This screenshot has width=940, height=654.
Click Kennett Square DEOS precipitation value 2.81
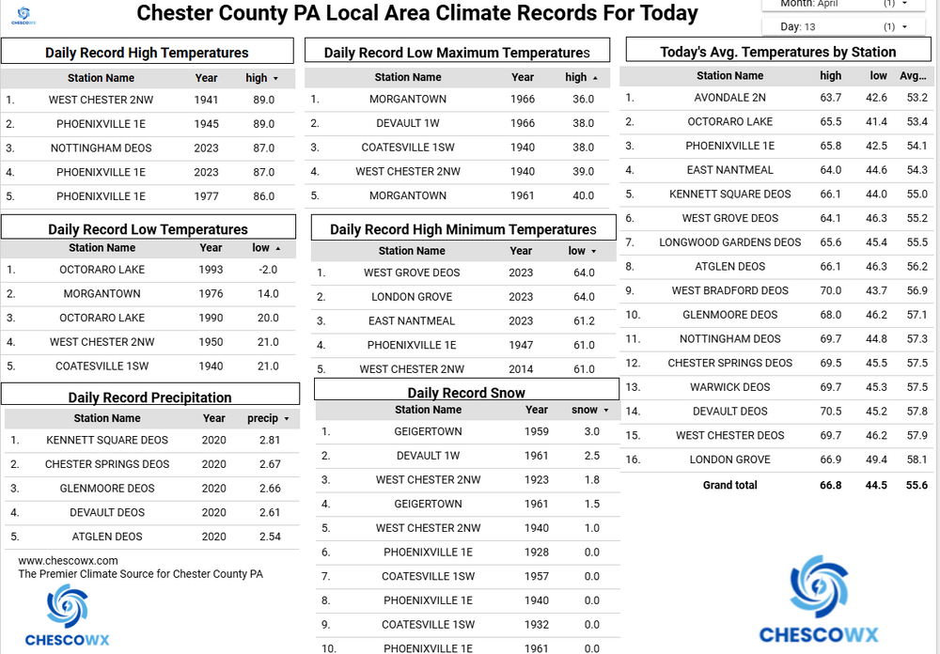click(x=270, y=440)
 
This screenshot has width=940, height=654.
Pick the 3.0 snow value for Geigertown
click(x=591, y=431)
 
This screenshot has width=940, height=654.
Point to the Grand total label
click(x=729, y=485)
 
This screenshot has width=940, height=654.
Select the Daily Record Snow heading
click(x=466, y=392)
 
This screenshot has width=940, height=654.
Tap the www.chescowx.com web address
click(x=68, y=561)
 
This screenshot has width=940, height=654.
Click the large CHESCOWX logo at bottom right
click(x=819, y=600)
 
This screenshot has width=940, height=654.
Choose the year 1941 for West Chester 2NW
click(x=206, y=100)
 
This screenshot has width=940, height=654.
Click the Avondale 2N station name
click(x=729, y=98)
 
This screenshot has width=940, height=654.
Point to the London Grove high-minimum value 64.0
click(x=583, y=297)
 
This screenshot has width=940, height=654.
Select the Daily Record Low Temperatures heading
click(x=148, y=229)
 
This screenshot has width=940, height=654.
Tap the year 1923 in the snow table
click(x=537, y=480)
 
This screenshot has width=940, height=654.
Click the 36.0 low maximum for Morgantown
click(x=583, y=100)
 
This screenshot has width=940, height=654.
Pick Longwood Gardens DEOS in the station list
click(x=729, y=242)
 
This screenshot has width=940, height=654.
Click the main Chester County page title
click(x=417, y=14)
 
